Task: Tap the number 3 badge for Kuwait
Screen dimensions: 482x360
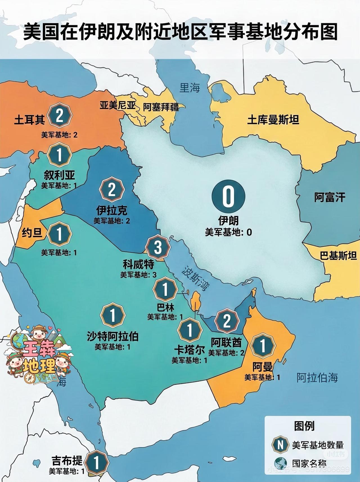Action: (x=158, y=248)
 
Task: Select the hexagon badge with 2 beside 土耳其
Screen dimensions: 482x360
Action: (x=59, y=116)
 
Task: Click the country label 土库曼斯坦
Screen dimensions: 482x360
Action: (x=273, y=120)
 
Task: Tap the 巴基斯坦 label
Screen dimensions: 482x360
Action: (x=338, y=256)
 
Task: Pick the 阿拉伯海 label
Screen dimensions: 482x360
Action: (x=317, y=377)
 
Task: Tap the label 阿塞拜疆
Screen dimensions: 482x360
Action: (x=161, y=107)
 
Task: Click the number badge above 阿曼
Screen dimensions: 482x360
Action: (x=263, y=346)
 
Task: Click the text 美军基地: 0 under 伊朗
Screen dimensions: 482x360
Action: (x=228, y=232)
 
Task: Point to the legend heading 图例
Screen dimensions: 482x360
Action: (x=304, y=426)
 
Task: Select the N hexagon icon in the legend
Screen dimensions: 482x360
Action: (x=280, y=445)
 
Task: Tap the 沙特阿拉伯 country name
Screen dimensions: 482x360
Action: (x=112, y=336)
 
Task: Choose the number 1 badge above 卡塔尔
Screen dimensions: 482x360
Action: (x=190, y=330)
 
